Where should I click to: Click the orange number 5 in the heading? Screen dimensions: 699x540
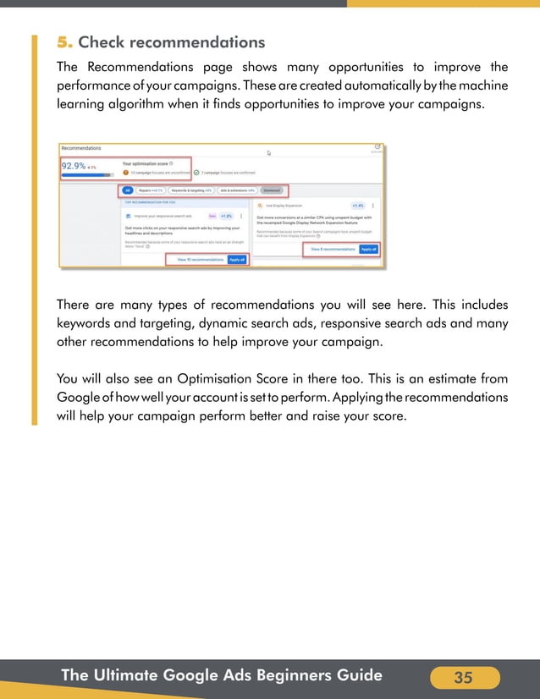(x=63, y=42)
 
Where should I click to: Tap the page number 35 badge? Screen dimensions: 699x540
(x=464, y=678)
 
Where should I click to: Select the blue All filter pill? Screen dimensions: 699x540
(x=126, y=190)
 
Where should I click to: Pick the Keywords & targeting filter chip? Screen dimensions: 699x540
(x=191, y=190)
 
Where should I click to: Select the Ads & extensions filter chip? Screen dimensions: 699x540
(x=237, y=190)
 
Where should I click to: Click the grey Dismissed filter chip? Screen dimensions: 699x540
(x=272, y=190)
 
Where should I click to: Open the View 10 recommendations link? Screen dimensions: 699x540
(x=200, y=260)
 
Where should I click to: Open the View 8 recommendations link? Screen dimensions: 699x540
(x=333, y=250)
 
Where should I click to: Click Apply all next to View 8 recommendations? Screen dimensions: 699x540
(x=368, y=250)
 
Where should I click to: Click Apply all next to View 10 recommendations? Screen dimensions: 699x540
(x=237, y=260)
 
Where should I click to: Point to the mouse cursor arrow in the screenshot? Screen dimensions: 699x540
(x=269, y=153)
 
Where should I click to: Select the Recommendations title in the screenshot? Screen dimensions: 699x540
(x=81, y=148)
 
